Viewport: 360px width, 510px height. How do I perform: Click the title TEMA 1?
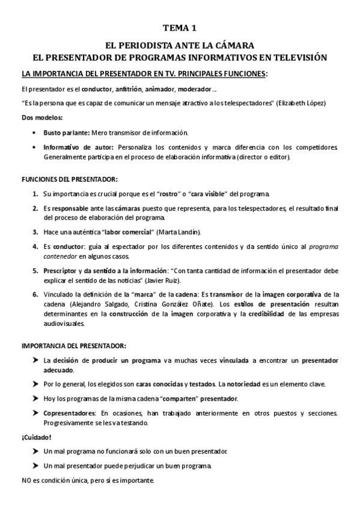[180, 28]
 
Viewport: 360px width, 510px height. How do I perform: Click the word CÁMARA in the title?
[237, 45]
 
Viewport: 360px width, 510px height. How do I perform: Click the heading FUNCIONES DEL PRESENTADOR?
[70, 179]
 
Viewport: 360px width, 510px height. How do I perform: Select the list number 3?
[35, 232]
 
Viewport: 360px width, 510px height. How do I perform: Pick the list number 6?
[35, 294]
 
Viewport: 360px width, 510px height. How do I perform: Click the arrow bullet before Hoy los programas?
[35, 399]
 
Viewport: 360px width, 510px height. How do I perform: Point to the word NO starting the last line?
[26, 481]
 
